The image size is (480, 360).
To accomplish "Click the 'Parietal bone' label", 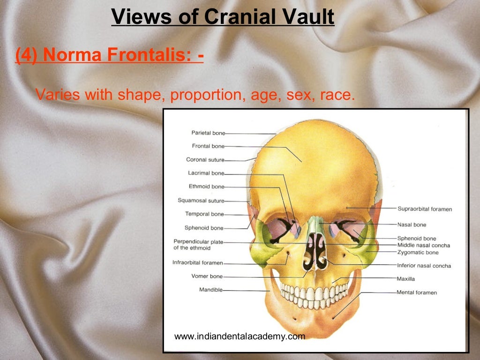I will [x=208, y=133].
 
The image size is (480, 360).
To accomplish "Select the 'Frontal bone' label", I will [x=208, y=146].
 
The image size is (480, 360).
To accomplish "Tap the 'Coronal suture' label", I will [x=205, y=160].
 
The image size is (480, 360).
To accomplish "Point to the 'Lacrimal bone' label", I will [x=206, y=173].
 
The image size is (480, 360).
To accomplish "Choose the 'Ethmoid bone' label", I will [x=207, y=187].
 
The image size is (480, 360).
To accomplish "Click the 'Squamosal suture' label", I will [x=201, y=201].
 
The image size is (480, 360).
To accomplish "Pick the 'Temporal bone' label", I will [x=204, y=214].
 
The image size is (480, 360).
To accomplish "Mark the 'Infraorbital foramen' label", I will [x=197, y=262].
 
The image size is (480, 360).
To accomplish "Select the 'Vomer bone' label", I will [x=207, y=276].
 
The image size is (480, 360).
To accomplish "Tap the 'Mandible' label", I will [x=211, y=290].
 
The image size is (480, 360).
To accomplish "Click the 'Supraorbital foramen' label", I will [x=425, y=209].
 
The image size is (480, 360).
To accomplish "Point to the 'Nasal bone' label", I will [x=412, y=225].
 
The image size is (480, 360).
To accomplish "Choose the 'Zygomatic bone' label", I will [x=418, y=253].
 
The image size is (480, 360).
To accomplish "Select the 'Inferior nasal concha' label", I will [x=424, y=266].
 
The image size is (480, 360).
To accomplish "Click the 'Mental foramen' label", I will [x=417, y=292].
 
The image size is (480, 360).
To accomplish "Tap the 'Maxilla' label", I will [x=405, y=279].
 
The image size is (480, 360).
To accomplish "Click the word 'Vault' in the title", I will [x=307, y=17].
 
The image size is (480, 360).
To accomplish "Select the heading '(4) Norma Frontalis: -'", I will [x=109, y=56].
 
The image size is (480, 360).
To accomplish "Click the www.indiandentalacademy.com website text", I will [x=240, y=336].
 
